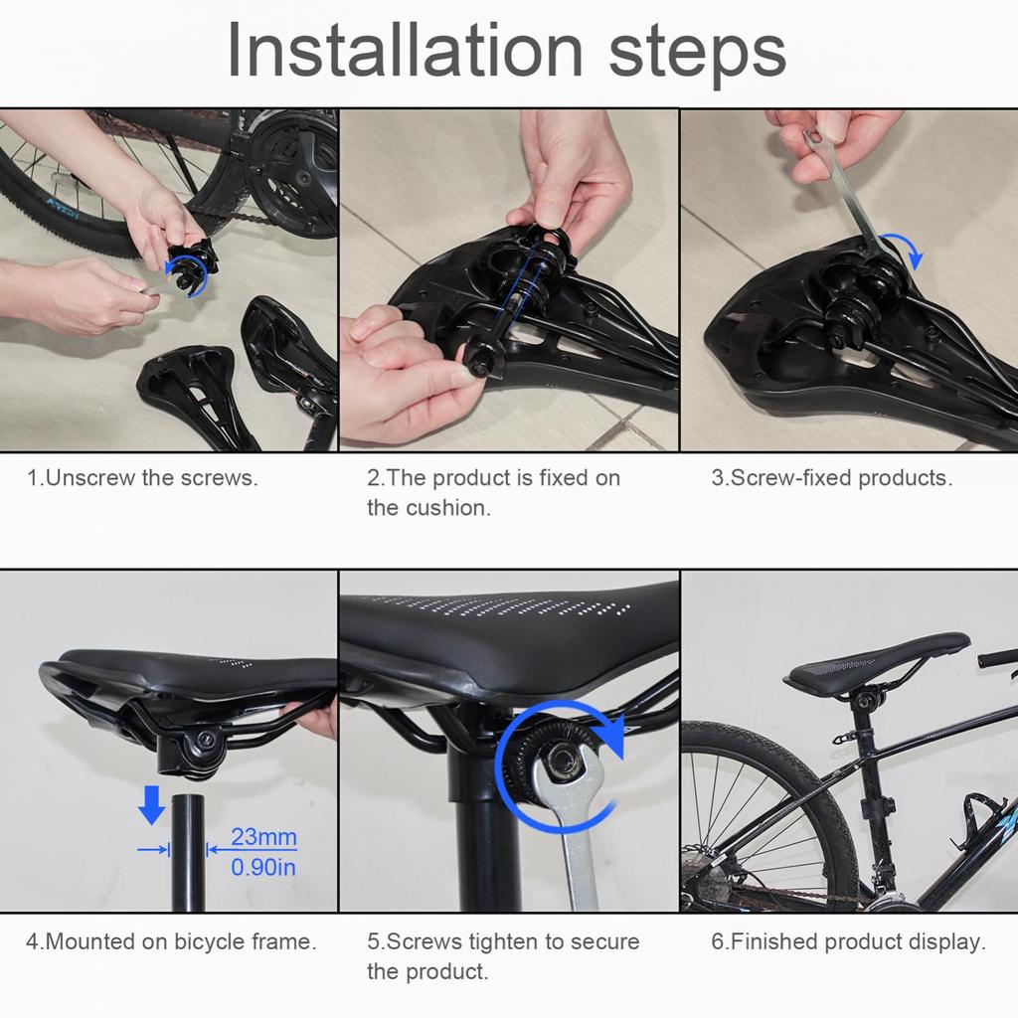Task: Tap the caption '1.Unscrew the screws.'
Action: pos(142,477)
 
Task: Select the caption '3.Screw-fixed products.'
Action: pos(831,477)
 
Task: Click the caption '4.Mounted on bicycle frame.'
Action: pos(171,941)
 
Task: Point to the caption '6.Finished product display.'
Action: pos(847,941)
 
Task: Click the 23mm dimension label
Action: pos(263,837)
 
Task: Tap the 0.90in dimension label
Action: pos(263,868)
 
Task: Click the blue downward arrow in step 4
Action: pos(151,804)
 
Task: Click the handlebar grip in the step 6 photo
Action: pos(998,658)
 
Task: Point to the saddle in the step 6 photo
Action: pos(875,664)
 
